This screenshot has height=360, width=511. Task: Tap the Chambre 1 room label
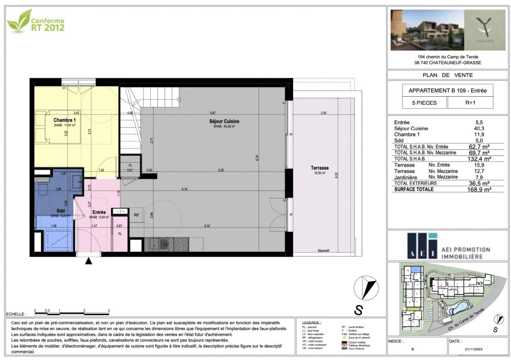[65, 120]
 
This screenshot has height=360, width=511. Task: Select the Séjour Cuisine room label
[224, 121]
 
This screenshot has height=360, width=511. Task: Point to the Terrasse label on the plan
[320, 168]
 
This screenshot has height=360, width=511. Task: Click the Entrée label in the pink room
[99, 212]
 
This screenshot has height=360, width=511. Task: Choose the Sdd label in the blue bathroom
[60, 211]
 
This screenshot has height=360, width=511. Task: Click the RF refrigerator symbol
[136, 214]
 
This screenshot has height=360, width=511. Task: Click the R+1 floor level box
[470, 103]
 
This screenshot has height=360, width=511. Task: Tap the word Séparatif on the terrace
[323, 251]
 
